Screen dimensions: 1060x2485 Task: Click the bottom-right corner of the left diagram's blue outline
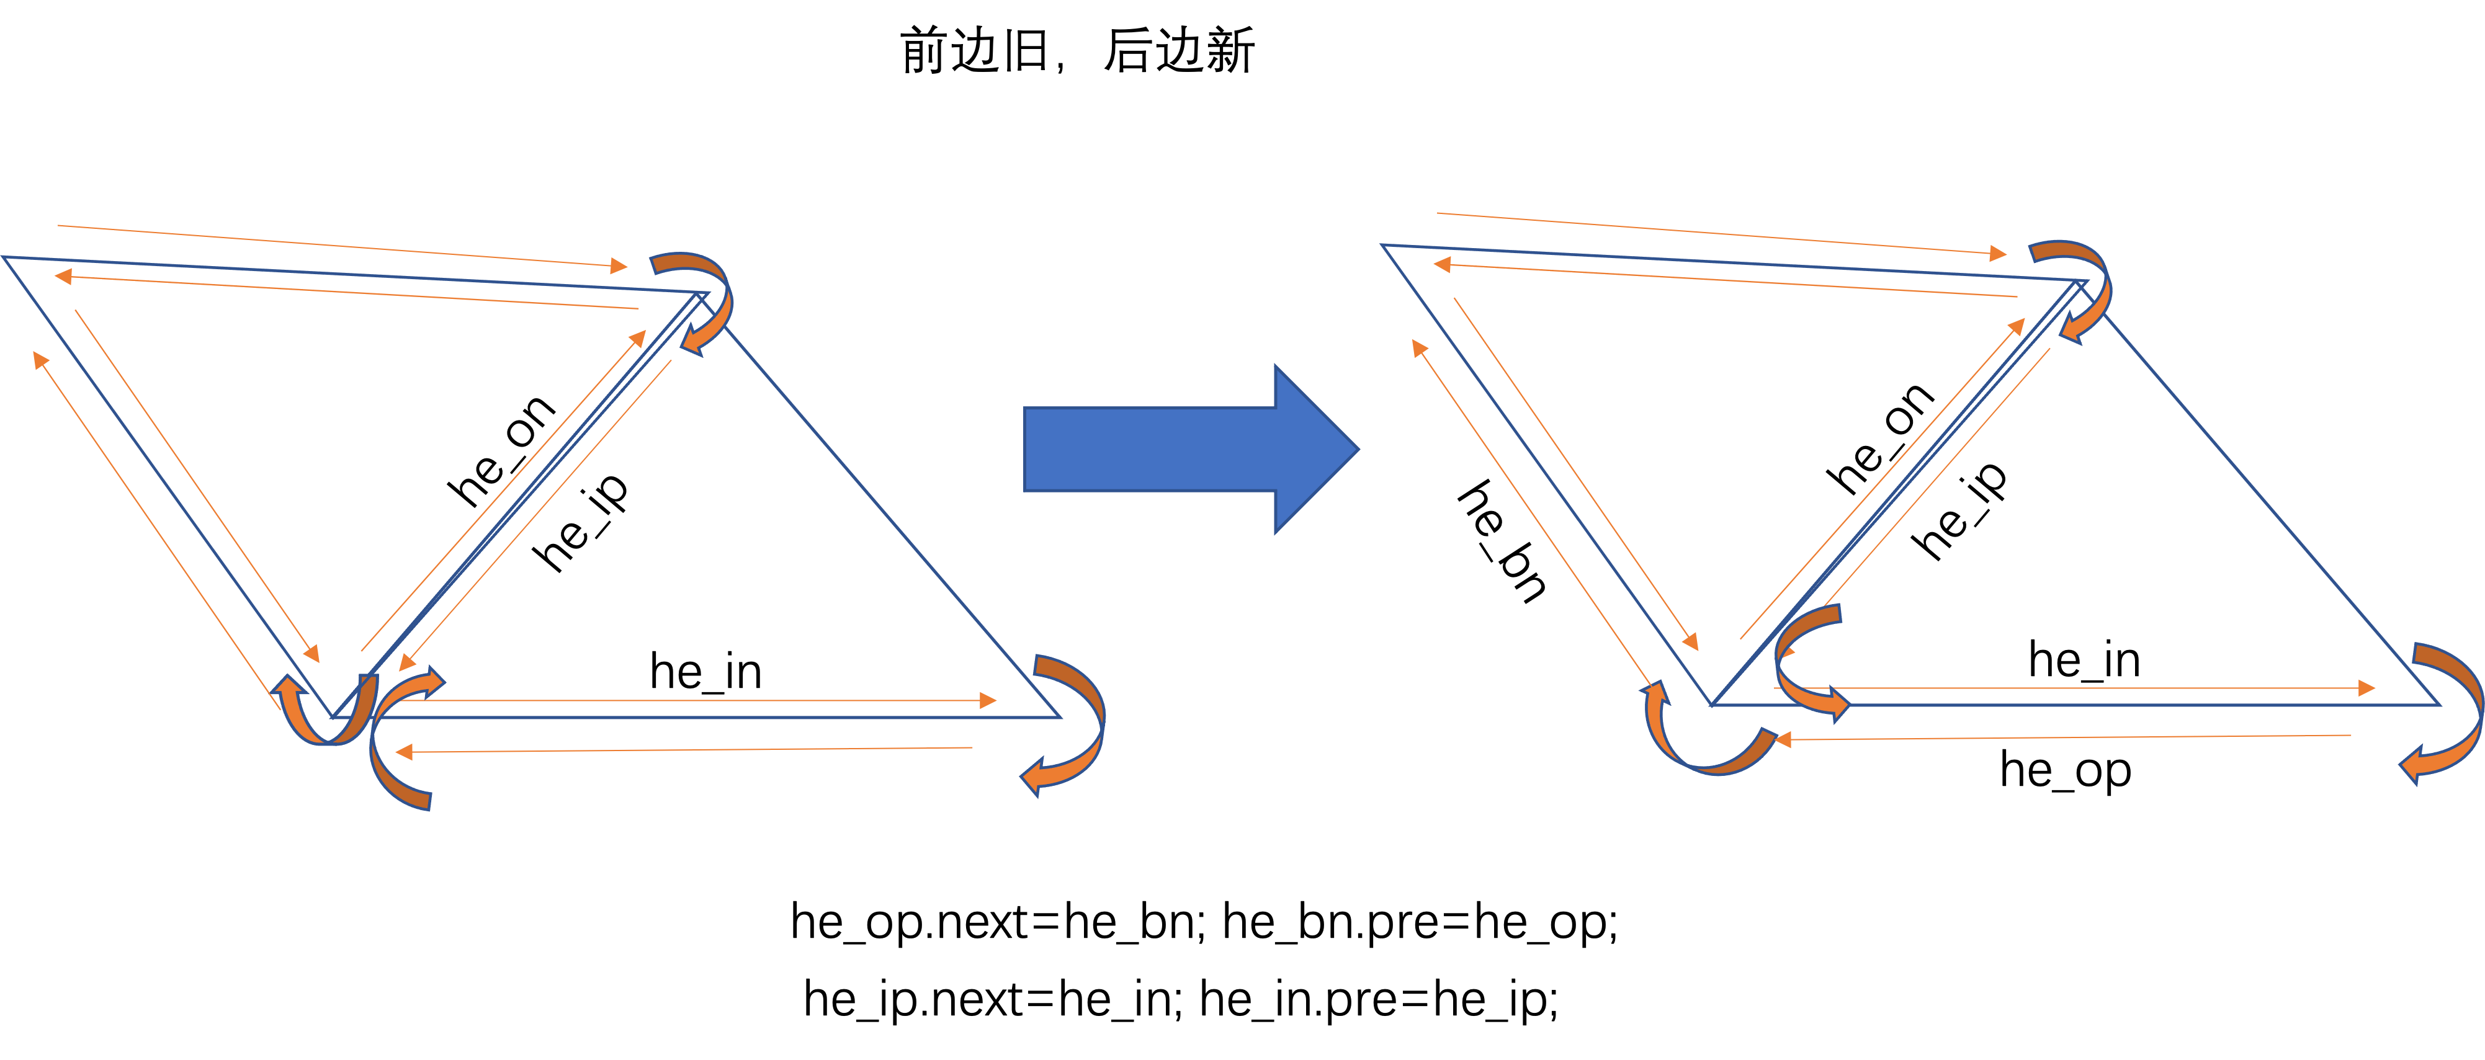[x=1059, y=716]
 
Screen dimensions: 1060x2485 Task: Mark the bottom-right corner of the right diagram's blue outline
[x=2438, y=705]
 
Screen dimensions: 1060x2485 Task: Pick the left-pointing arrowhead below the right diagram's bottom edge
[x=1783, y=740]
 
